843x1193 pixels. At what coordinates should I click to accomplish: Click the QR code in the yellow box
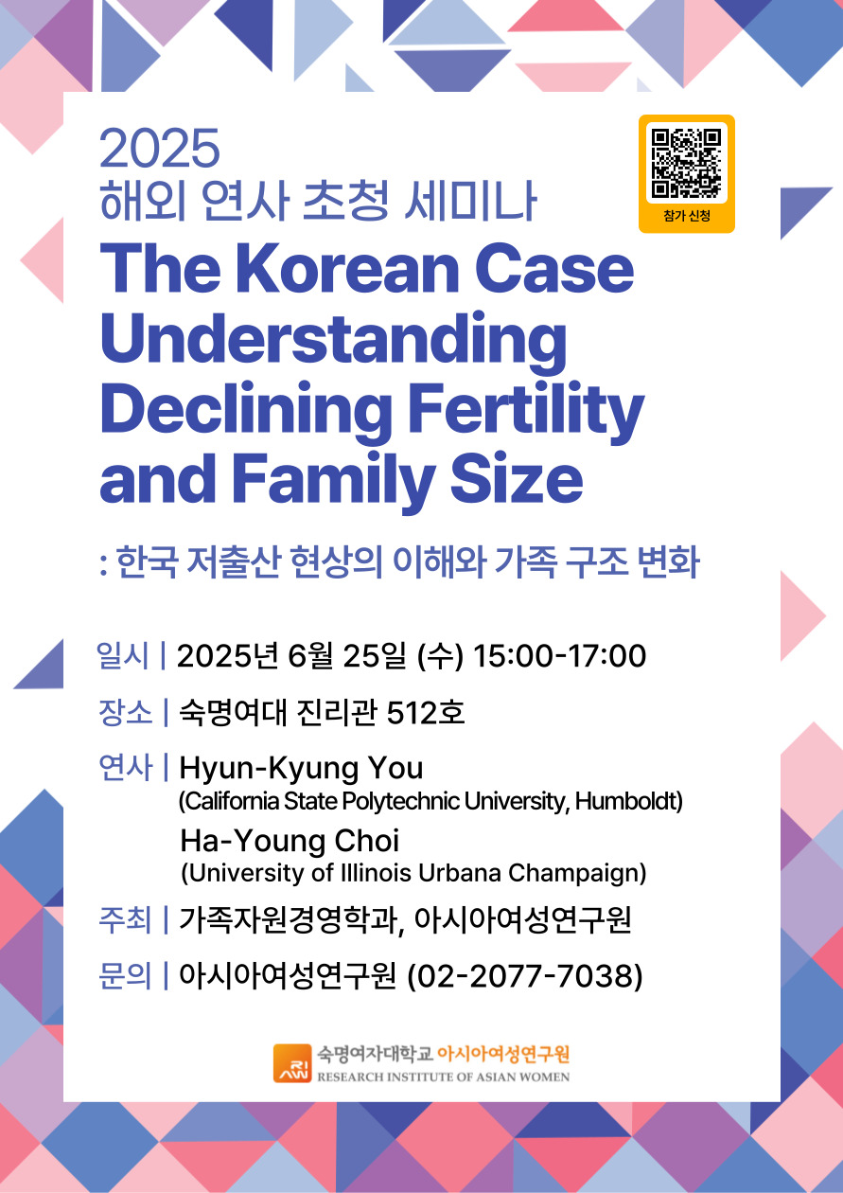(x=687, y=163)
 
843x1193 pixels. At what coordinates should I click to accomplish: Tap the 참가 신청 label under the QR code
(x=687, y=216)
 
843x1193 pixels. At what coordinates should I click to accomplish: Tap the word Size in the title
(x=518, y=478)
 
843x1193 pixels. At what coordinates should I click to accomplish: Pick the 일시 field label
(x=123, y=654)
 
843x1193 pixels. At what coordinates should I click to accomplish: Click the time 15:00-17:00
(x=560, y=655)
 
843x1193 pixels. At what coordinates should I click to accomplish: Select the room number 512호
(x=426, y=712)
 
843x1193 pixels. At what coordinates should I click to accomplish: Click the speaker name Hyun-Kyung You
(x=301, y=769)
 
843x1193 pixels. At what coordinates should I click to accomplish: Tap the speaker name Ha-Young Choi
(x=290, y=841)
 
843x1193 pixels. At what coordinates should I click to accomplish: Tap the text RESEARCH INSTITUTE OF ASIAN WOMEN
(x=444, y=1077)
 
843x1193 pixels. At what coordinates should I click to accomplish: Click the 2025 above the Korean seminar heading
(x=160, y=148)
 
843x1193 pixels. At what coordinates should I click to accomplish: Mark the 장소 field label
(x=126, y=712)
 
